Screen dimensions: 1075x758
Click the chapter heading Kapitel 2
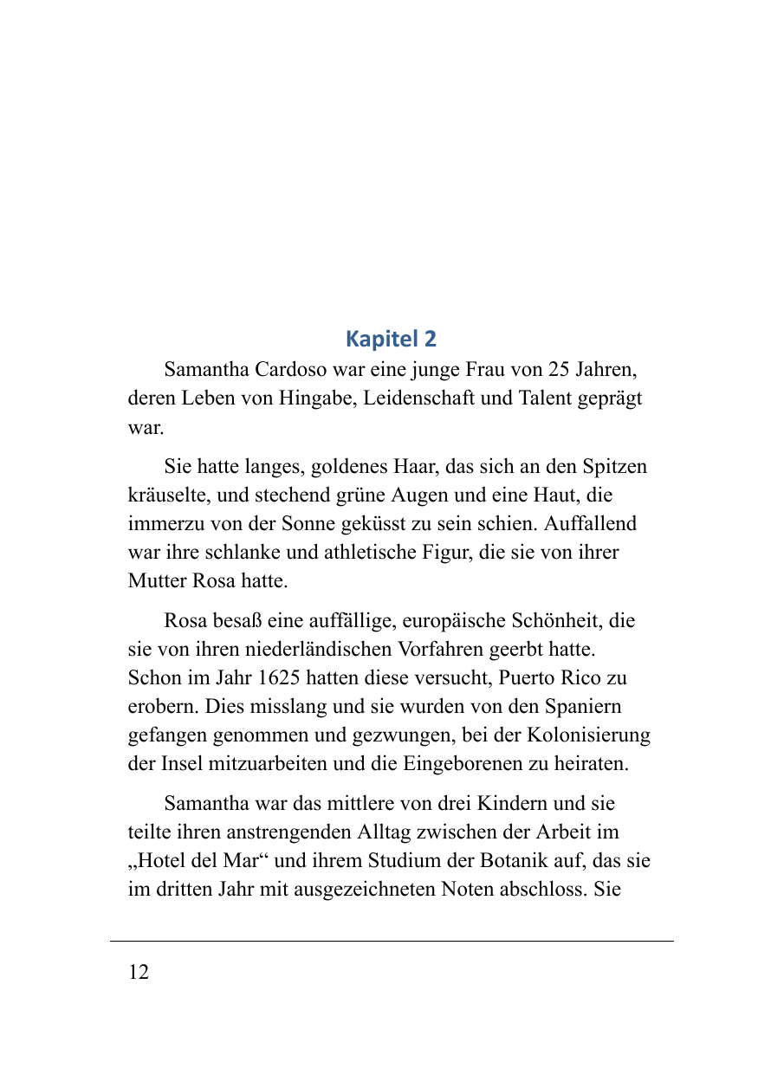[391, 338]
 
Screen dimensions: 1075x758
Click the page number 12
[139, 972]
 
